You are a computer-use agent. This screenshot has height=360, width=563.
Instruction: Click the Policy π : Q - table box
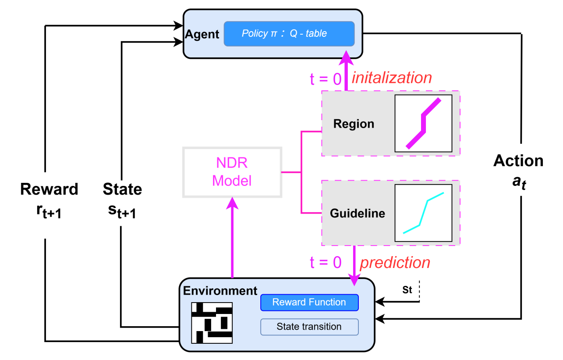[x=289, y=34]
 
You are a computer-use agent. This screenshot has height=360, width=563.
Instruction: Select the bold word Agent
[x=202, y=35]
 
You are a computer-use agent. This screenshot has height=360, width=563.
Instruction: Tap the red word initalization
[x=392, y=78]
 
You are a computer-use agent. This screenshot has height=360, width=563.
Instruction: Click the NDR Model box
[x=232, y=172]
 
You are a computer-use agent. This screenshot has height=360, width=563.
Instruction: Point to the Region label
[x=354, y=124]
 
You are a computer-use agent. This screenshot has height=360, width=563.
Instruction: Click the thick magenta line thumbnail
[x=423, y=123]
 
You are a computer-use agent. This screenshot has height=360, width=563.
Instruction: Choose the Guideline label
[x=358, y=214]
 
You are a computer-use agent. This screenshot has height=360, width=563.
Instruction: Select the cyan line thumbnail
[x=423, y=213]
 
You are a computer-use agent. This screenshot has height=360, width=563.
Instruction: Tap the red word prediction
[x=395, y=263]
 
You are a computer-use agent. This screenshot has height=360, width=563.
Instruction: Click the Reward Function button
[x=309, y=303]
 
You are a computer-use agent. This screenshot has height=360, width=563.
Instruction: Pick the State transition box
[x=309, y=327]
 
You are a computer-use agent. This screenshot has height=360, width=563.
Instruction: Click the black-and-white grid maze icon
[x=212, y=323]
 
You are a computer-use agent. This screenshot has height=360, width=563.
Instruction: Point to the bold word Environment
[x=220, y=291]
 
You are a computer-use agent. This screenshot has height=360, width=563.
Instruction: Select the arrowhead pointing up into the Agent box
[x=346, y=58]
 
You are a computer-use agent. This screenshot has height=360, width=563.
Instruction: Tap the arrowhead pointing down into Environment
[x=354, y=279]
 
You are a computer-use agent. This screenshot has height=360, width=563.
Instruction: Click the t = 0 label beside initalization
[x=326, y=79]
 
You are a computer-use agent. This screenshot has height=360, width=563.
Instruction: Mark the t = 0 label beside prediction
[x=326, y=262]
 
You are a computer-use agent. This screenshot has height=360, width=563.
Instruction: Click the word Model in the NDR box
[x=232, y=181]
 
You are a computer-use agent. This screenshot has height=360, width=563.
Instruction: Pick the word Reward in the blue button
[x=287, y=303]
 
